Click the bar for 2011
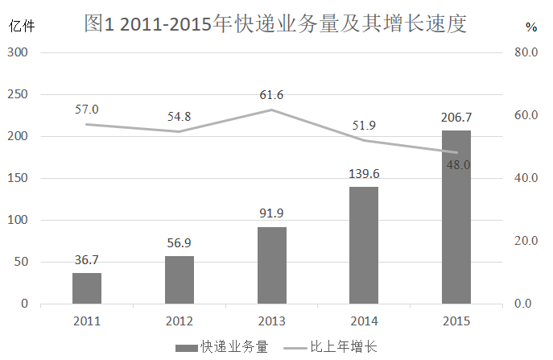(87, 288)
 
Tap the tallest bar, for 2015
(456, 217)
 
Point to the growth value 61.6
(272, 95)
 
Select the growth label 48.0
(456, 165)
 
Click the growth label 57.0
(87, 109)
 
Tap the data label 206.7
(456, 118)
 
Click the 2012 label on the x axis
(179, 321)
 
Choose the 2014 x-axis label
(364, 321)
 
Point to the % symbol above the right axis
(530, 27)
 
